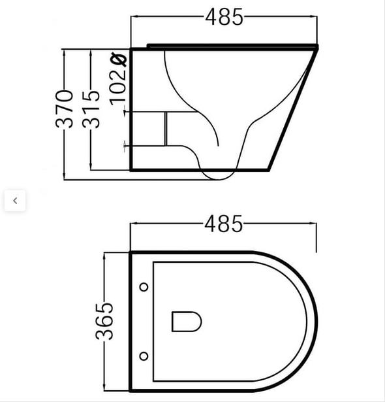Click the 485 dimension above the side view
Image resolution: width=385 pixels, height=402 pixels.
224,17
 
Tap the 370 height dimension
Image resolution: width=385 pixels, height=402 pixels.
65,109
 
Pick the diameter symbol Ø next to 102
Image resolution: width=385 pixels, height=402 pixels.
119,59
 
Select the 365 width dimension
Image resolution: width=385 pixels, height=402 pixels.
104,320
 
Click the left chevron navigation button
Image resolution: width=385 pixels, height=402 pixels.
14,201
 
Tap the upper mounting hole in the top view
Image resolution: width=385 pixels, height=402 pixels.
144,287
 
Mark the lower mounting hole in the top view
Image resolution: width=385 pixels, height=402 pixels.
144,356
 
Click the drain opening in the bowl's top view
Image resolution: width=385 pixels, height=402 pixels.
186,321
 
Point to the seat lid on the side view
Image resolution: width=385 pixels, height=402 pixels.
232,45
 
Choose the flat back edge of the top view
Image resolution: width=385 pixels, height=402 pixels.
131,321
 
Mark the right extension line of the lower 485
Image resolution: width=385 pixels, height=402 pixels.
316,237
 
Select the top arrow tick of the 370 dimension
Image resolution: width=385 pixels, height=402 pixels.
65,50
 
